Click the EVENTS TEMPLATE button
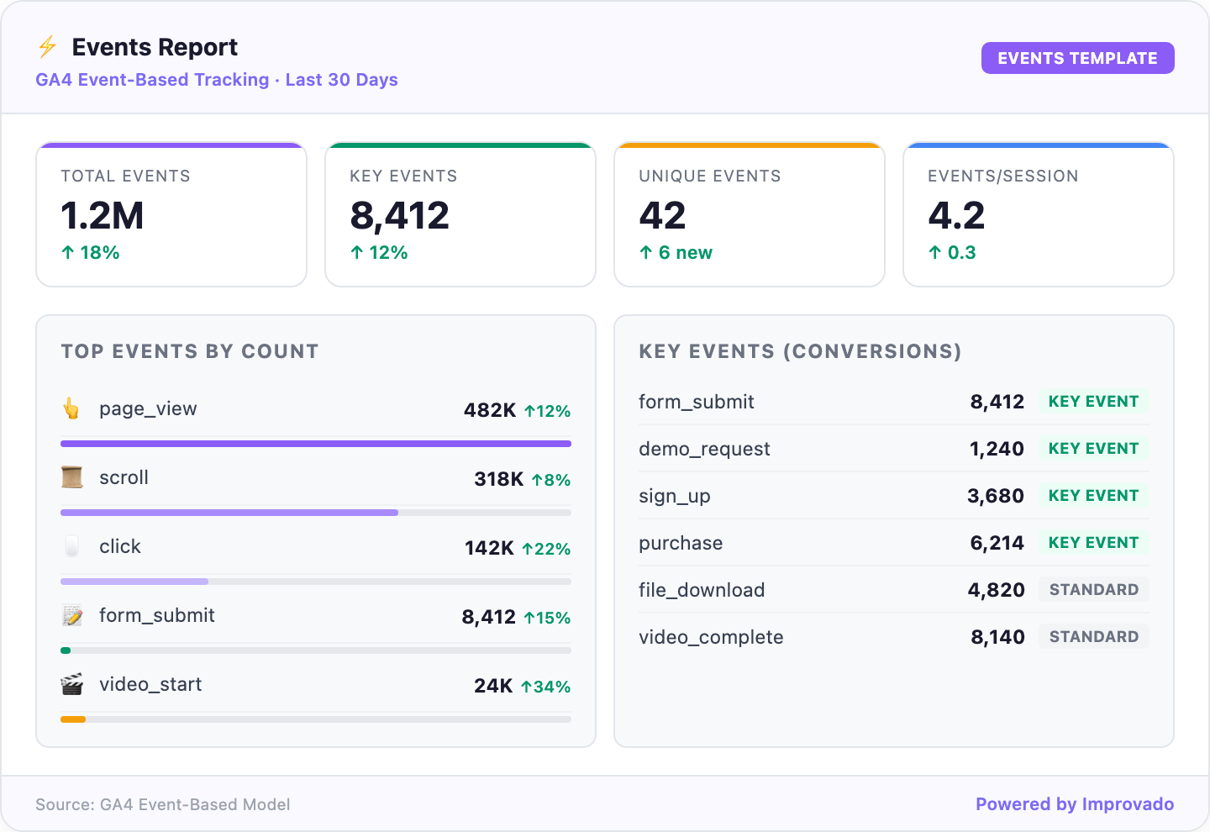(x=1077, y=58)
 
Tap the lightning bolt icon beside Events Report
(x=48, y=47)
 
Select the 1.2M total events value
(x=103, y=216)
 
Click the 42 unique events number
(x=662, y=216)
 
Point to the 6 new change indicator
(x=676, y=253)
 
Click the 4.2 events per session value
(x=956, y=216)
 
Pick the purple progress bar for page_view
(x=316, y=444)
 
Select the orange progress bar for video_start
(x=73, y=719)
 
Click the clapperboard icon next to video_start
(x=72, y=685)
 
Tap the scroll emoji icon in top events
(x=72, y=478)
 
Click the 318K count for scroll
(x=498, y=479)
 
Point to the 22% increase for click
(x=546, y=549)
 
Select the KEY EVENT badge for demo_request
(x=1093, y=449)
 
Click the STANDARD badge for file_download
(x=1093, y=590)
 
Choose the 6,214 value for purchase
(x=997, y=543)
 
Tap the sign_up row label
(x=675, y=496)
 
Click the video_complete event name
(x=711, y=637)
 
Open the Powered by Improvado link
(x=1074, y=804)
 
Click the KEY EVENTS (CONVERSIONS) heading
(x=800, y=351)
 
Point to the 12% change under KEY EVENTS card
(x=379, y=253)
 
